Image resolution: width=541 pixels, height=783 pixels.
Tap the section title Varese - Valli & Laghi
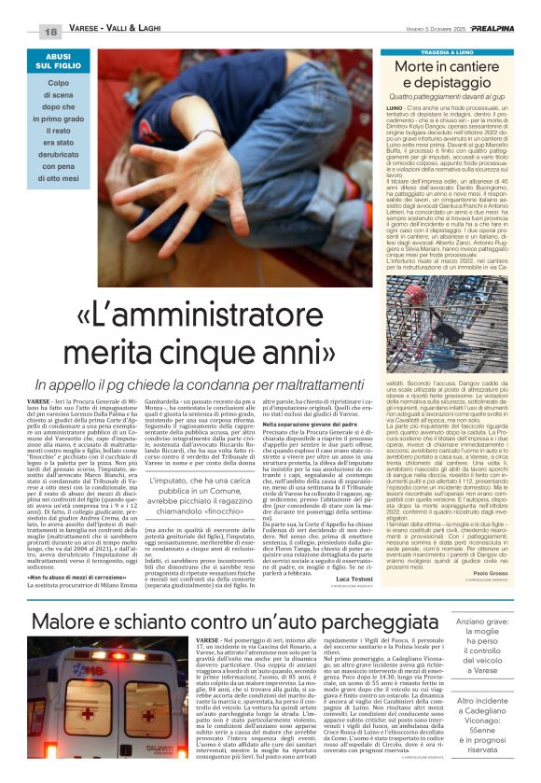point(120,32)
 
